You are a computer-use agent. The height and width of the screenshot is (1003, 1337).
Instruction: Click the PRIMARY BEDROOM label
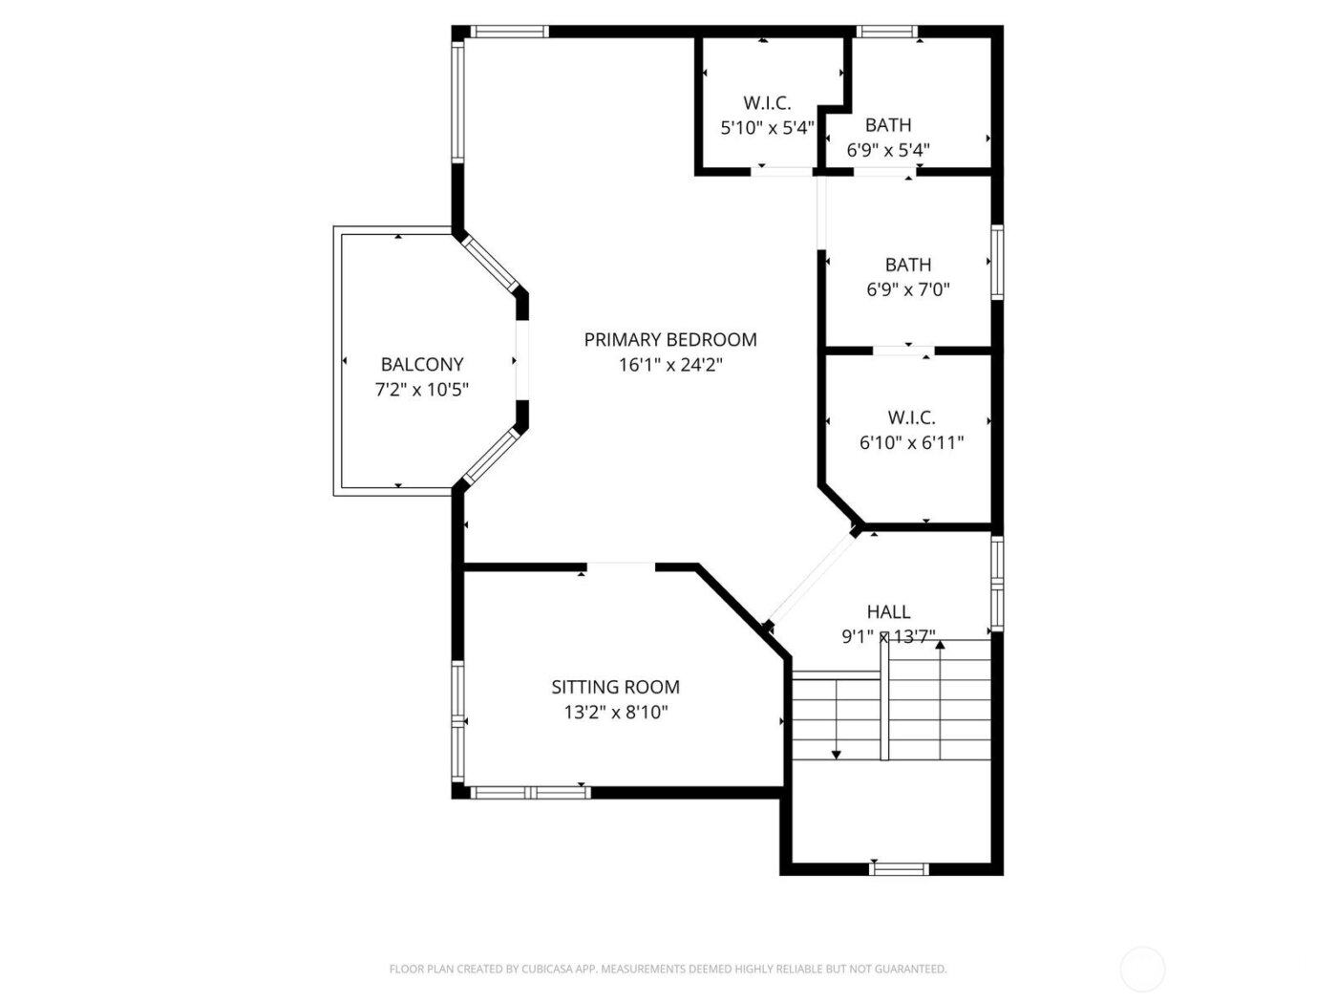(669, 339)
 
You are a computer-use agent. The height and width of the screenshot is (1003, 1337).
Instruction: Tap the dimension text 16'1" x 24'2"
(669, 365)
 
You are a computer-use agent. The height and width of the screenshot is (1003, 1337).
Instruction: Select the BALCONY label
(421, 364)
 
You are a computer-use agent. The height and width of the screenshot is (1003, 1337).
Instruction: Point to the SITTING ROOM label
(615, 687)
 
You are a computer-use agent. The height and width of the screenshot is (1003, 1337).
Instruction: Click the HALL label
(888, 611)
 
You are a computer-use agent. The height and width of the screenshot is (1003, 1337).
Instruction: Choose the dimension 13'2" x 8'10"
(615, 712)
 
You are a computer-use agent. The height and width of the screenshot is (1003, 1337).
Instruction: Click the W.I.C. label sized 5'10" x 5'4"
(767, 103)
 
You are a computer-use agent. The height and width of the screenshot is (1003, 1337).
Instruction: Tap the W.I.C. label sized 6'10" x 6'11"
(911, 417)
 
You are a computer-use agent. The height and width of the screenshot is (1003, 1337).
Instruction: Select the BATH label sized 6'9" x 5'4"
(888, 125)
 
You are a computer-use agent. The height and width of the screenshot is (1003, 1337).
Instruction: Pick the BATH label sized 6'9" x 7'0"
(908, 265)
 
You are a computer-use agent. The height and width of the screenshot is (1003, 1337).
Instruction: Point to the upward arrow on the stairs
(940, 647)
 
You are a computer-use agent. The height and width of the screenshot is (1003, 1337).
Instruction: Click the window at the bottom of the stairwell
(899, 868)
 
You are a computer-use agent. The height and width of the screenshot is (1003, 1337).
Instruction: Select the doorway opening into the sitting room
(621, 566)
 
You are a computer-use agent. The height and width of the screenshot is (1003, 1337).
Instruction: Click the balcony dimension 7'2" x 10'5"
(421, 390)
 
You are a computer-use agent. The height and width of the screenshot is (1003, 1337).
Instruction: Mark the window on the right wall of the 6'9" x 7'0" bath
(997, 262)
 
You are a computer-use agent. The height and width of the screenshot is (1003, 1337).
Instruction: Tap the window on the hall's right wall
(997, 583)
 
